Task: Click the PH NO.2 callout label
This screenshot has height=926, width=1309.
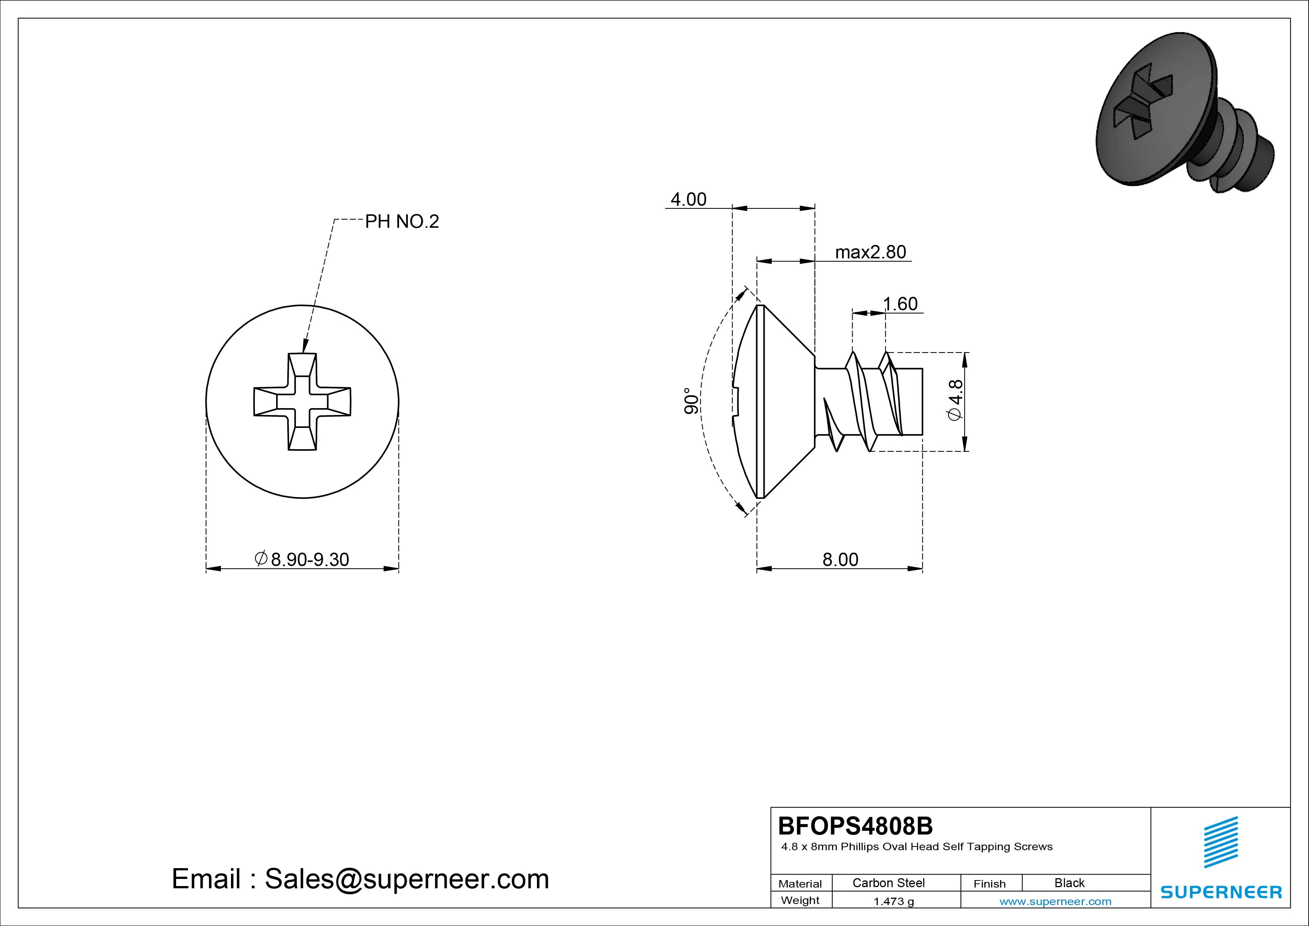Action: click(402, 221)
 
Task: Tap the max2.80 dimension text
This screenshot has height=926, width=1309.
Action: click(871, 252)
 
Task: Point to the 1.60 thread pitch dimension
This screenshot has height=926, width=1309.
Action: click(900, 304)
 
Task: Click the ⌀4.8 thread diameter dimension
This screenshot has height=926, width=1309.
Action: click(955, 401)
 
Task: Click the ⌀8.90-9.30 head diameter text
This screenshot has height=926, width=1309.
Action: click(302, 559)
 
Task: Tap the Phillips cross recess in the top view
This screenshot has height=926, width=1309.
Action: click(302, 402)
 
